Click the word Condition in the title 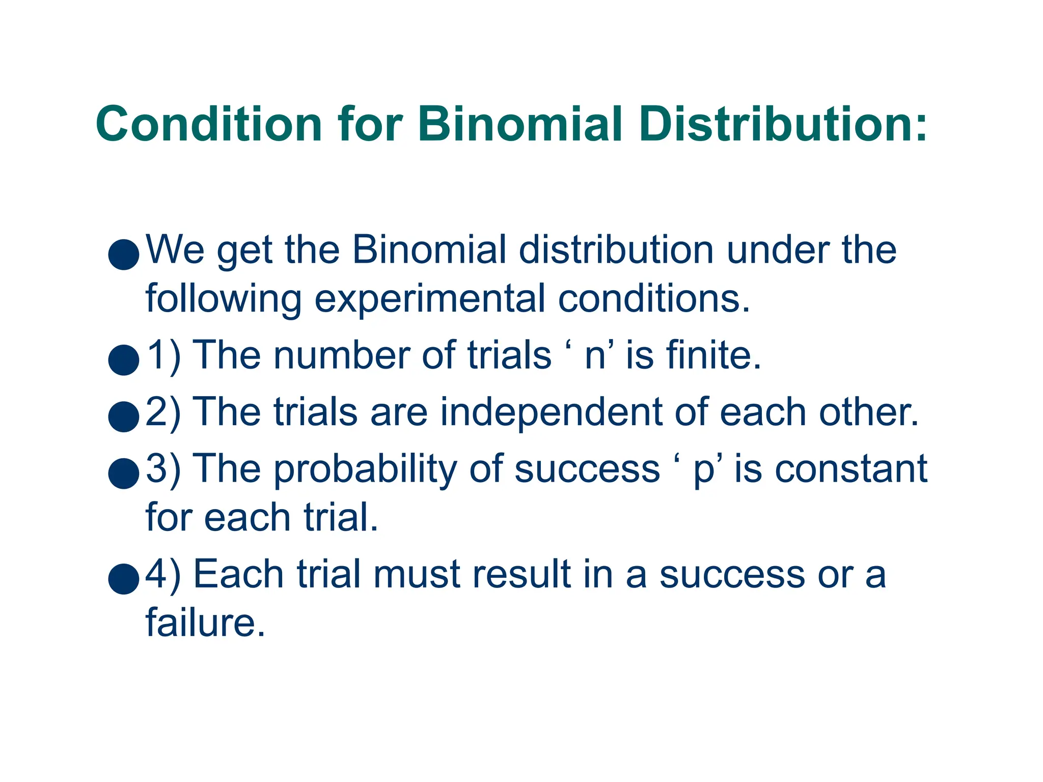coord(209,125)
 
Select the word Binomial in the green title coord(520,125)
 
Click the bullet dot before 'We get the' coord(124,254)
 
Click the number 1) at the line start coord(163,355)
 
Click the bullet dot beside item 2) coord(124,416)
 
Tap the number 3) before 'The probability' coord(163,468)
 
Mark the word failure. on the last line coord(205,622)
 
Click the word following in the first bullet coord(224,299)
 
